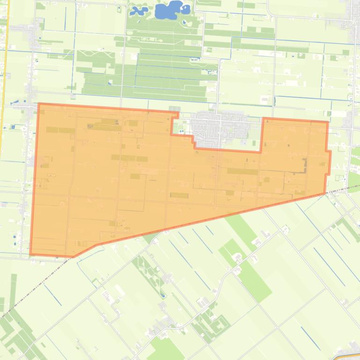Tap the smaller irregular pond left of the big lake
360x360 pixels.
pyautogui.click(x=139, y=10)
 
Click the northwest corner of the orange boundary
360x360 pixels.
pyautogui.click(x=38, y=104)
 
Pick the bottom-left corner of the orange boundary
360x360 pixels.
pyautogui.click(x=31, y=255)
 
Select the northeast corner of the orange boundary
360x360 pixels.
pyautogui.click(x=328, y=122)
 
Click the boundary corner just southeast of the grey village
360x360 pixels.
pyautogui.click(x=261, y=151)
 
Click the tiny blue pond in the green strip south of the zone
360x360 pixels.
pyautogui.click(x=162, y=295)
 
